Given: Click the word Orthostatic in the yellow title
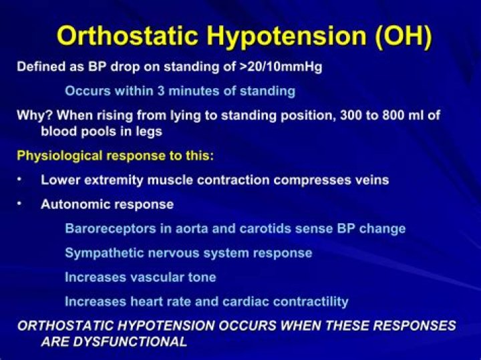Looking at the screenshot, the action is pyautogui.click(x=127, y=35).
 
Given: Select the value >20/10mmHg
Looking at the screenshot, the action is pyautogui.click(x=281, y=67).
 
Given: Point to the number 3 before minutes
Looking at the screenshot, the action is pyautogui.click(x=161, y=91).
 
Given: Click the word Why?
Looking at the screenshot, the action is pyautogui.click(x=35, y=116).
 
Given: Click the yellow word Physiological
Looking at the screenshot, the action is pyautogui.click(x=59, y=156).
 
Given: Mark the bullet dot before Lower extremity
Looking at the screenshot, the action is pyautogui.click(x=19, y=179).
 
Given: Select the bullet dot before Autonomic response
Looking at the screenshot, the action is pyautogui.click(x=19, y=203).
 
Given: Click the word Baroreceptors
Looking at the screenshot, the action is pyautogui.click(x=110, y=229).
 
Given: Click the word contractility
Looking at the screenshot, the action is pyautogui.click(x=311, y=302).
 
